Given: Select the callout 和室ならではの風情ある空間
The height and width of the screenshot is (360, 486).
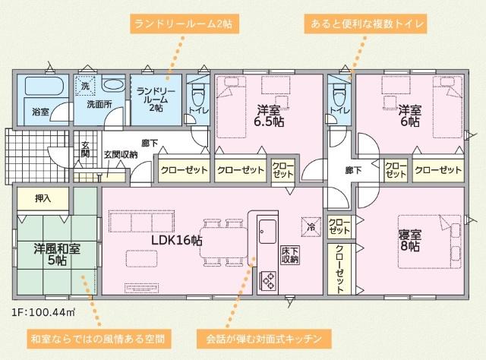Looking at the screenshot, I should (96, 336).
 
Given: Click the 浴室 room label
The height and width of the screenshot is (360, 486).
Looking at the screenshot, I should (40, 112).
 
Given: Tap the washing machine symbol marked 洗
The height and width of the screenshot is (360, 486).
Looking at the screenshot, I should (85, 86).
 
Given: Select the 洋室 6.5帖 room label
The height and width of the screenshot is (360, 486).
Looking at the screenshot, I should (270, 115).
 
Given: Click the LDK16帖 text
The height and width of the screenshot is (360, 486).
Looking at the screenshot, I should (176, 240).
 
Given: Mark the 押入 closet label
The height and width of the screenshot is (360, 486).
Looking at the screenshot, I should (43, 198).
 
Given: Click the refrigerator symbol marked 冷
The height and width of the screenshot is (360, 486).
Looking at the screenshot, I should (311, 226).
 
